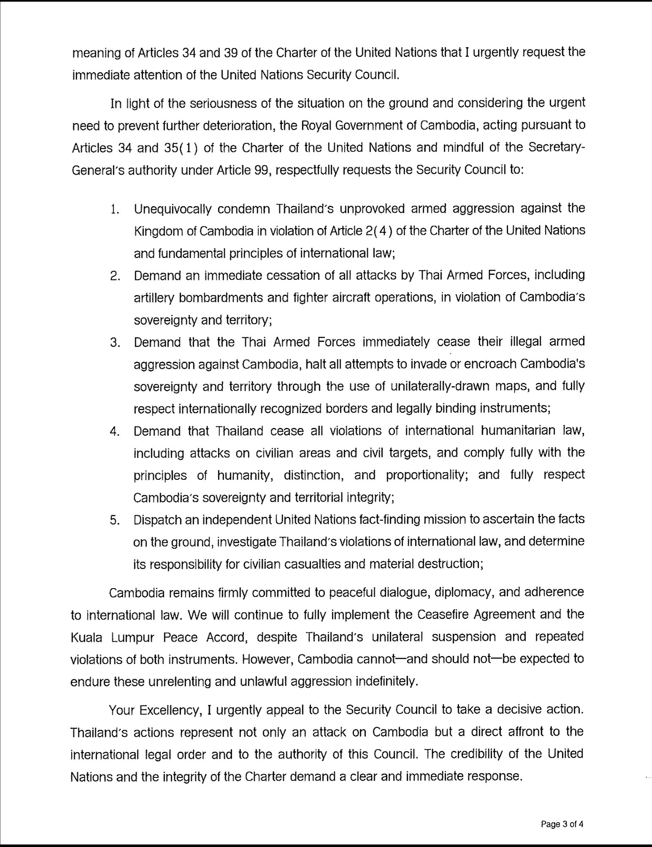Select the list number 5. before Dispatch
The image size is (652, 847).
(x=115, y=520)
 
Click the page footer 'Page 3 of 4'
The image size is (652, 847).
(x=562, y=824)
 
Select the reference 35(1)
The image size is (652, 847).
(x=179, y=148)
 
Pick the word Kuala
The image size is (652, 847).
(x=86, y=637)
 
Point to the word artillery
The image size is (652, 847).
(x=154, y=298)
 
